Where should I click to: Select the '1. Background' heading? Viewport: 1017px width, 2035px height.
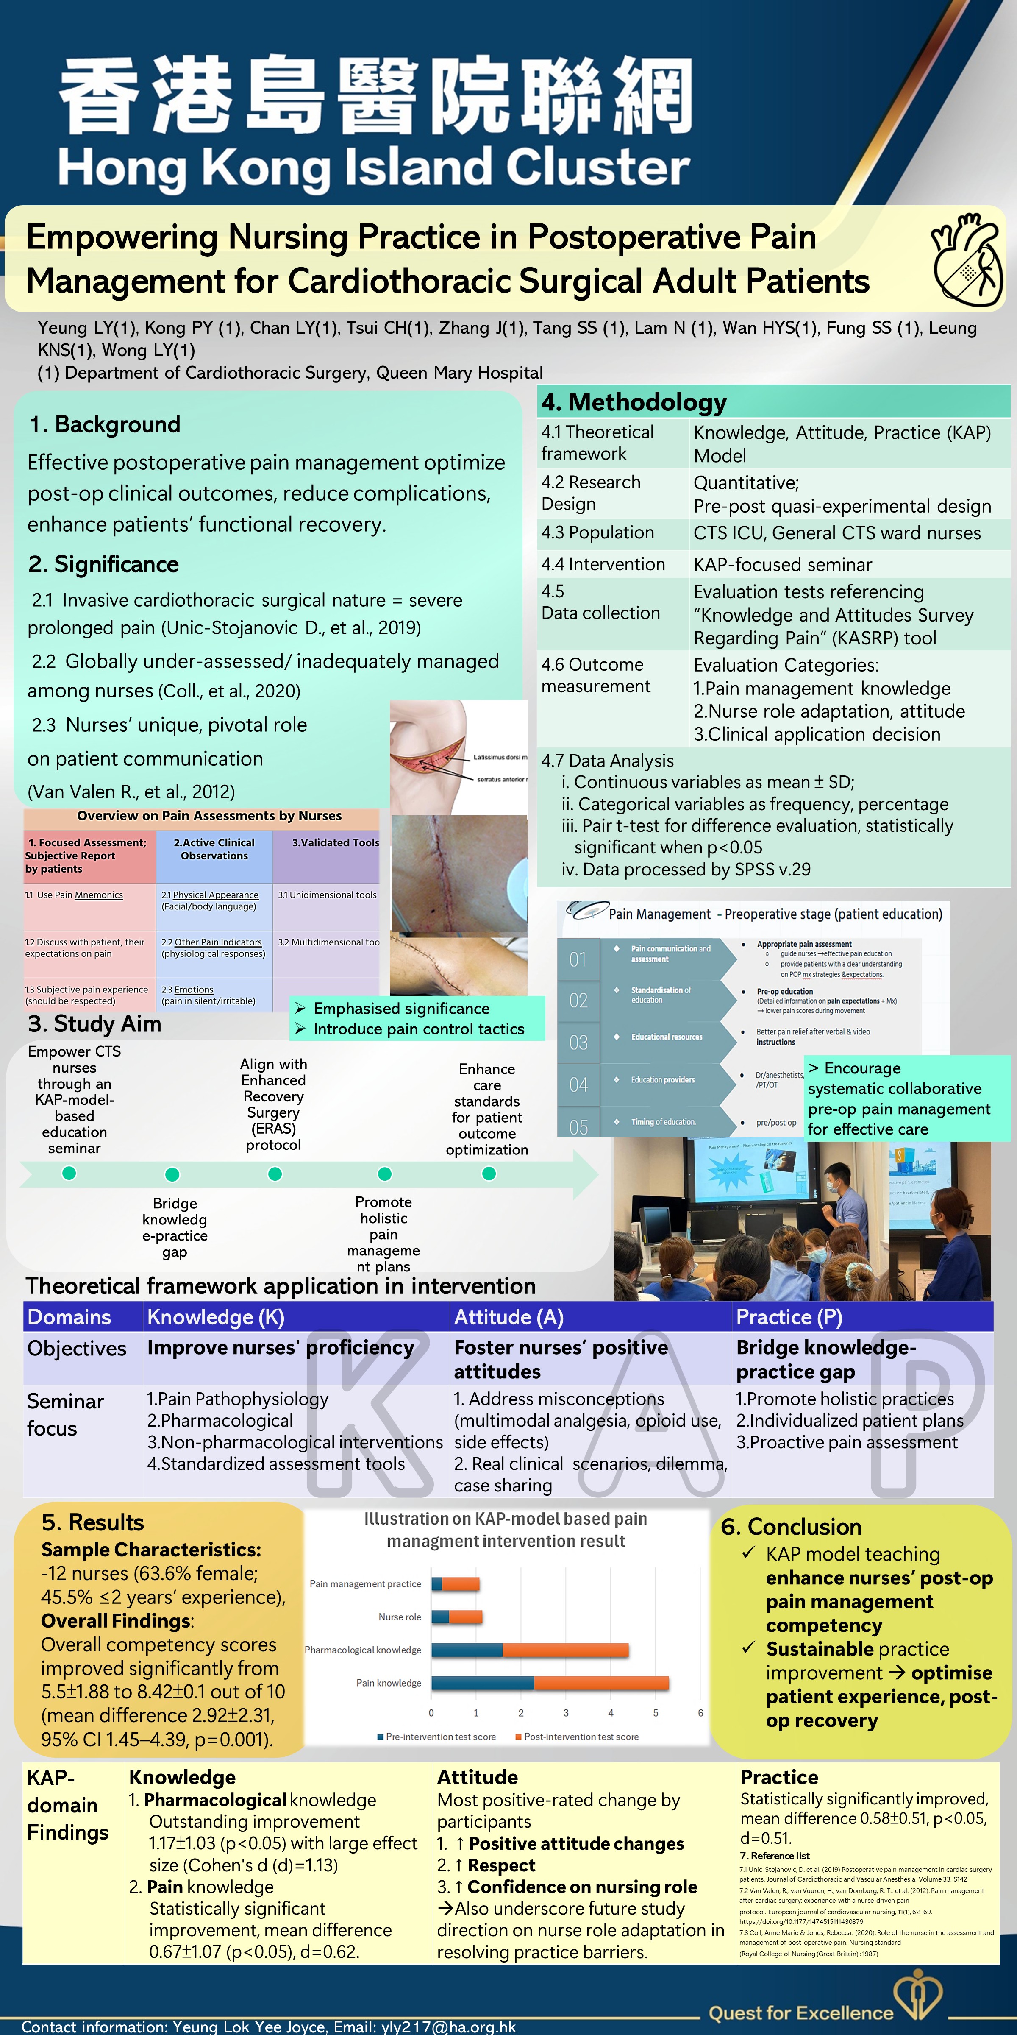(105, 424)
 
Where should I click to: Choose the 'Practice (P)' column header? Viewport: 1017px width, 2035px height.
(789, 1317)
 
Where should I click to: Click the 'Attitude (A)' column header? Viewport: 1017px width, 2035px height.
(508, 1317)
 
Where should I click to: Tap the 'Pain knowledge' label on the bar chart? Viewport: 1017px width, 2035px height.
(389, 1683)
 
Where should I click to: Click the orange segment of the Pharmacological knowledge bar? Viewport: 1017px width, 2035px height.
(565, 1650)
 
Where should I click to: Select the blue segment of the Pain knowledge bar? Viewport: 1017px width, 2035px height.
(483, 1683)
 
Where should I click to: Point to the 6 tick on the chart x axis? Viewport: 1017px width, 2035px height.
(700, 1713)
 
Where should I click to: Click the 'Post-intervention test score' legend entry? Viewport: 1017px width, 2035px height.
(581, 1737)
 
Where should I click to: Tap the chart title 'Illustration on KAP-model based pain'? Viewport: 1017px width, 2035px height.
(506, 1518)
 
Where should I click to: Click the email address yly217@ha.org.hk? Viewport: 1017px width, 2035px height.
(448, 2027)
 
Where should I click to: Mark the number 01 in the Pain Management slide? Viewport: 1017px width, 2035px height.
(578, 959)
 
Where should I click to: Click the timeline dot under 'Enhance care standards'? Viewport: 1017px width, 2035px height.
(489, 1173)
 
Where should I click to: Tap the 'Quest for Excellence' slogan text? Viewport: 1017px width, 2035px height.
(800, 2012)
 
